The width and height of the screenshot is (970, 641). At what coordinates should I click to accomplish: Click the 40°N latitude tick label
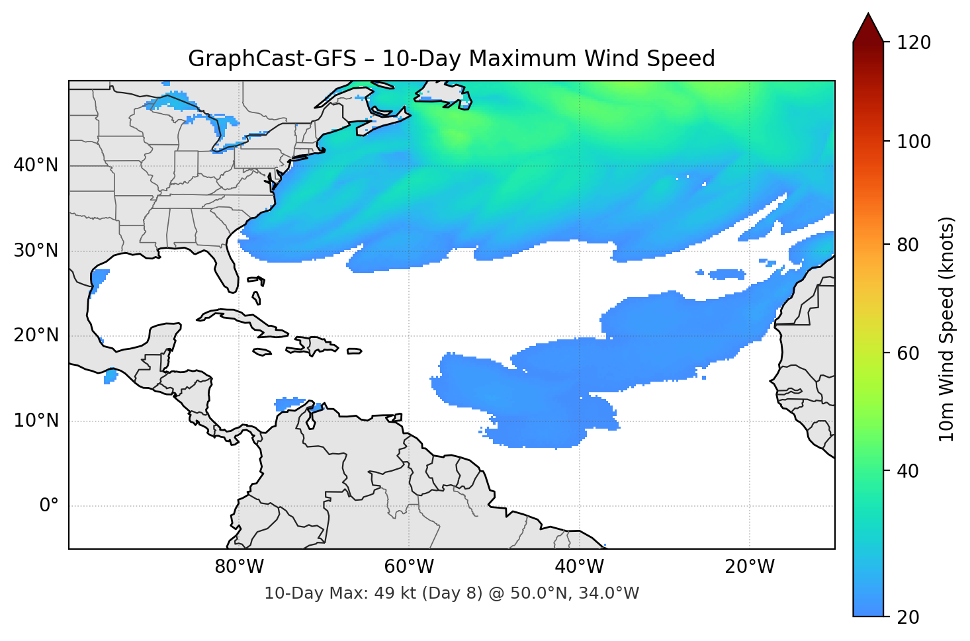(36, 165)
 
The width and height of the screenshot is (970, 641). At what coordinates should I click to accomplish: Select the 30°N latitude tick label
(36, 251)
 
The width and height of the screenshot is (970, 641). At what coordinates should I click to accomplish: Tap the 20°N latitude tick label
(36, 335)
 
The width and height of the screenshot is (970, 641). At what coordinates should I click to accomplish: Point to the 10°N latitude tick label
(36, 421)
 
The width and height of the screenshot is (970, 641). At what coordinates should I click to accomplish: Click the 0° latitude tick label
(49, 506)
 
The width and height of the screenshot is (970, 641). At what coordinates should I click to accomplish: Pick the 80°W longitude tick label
(239, 567)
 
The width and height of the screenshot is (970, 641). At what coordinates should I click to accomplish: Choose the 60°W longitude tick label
(409, 567)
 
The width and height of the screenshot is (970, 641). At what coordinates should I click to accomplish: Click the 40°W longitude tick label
(579, 567)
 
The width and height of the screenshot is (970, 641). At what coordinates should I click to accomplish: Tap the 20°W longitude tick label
(749, 567)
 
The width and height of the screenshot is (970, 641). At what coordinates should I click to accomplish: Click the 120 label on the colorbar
(913, 43)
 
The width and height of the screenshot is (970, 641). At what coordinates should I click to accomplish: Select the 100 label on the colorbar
(913, 142)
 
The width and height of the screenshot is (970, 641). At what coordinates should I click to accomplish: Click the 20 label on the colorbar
(908, 617)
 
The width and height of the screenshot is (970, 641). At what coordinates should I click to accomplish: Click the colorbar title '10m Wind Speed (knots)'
(947, 329)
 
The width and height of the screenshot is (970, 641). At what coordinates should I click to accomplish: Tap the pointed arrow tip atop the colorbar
(868, 16)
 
